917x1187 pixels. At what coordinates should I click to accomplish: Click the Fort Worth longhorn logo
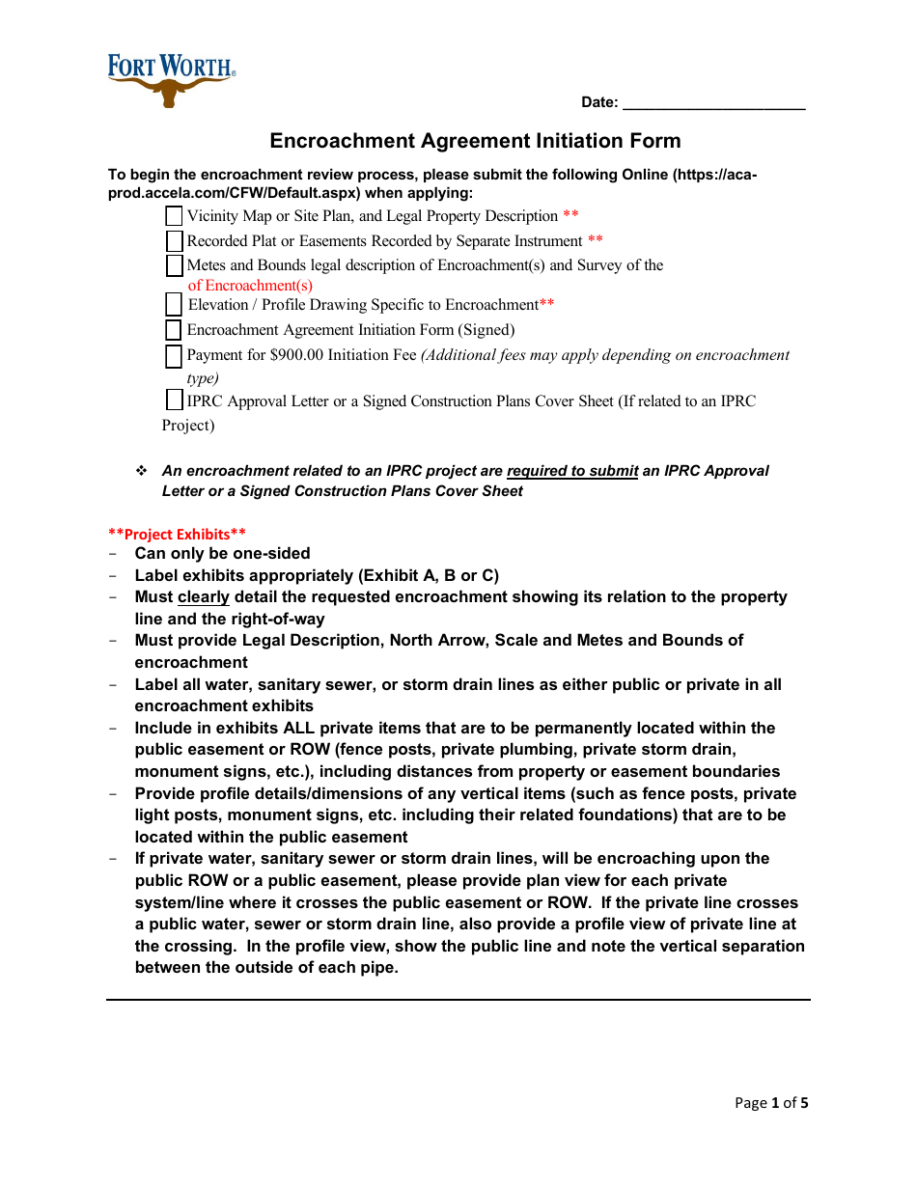click(171, 79)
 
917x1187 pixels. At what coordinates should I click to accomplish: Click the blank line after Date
click(713, 103)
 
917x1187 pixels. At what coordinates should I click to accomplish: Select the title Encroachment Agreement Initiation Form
click(475, 141)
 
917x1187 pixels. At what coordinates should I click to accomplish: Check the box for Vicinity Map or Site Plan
click(174, 216)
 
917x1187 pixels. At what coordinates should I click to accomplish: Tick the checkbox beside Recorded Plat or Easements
click(174, 241)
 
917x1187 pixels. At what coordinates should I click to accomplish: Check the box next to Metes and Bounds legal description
click(174, 265)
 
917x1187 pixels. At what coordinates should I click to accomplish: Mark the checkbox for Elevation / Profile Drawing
click(174, 305)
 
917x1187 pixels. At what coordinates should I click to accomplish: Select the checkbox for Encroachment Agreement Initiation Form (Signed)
click(174, 330)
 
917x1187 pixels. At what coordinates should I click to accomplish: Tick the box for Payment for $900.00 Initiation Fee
click(174, 356)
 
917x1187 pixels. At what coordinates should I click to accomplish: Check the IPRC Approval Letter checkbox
click(174, 400)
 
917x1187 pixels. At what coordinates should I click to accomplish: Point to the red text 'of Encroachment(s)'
click(250, 286)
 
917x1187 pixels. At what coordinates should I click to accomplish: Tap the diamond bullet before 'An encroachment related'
click(141, 471)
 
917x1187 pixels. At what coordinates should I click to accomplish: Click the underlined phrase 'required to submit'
click(572, 471)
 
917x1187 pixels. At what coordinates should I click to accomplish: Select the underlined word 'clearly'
click(203, 597)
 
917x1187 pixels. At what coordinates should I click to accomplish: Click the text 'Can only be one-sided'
click(222, 554)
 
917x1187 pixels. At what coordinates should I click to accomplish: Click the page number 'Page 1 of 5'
click(771, 1103)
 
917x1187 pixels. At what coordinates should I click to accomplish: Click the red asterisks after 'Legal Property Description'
click(570, 216)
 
